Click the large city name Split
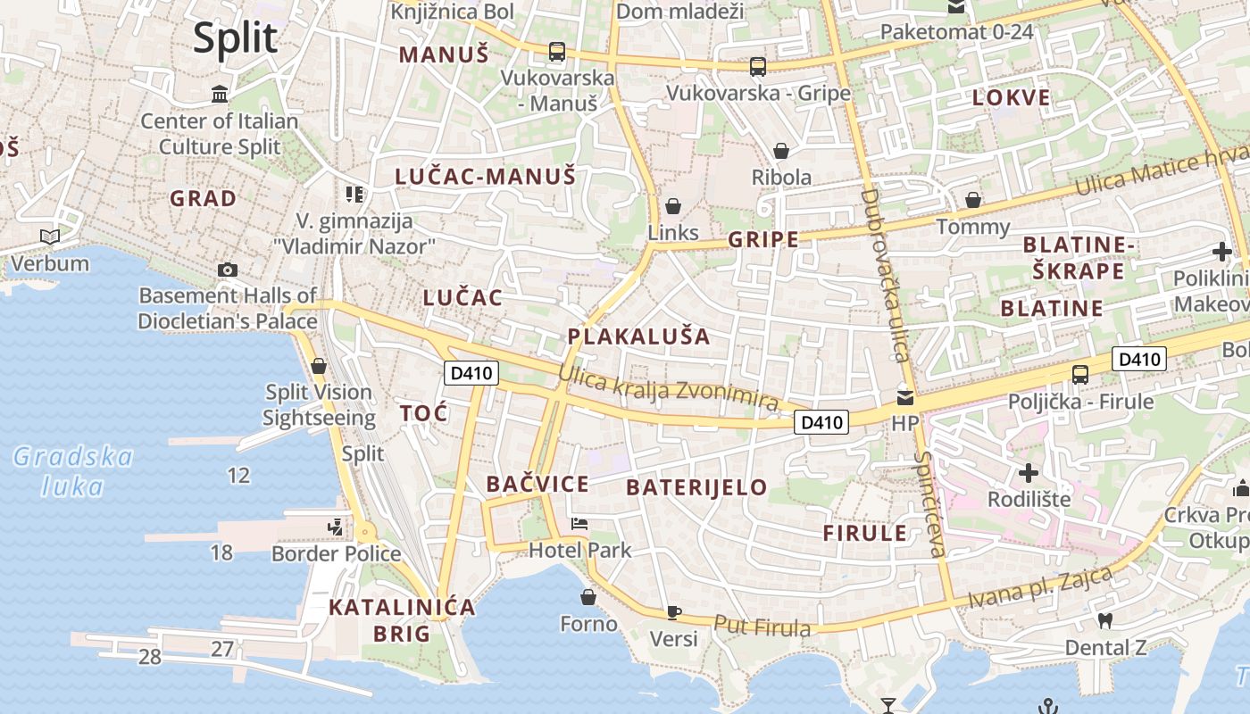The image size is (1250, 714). (x=236, y=38)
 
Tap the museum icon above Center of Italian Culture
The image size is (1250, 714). (x=220, y=95)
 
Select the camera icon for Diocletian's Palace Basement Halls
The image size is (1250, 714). (x=228, y=270)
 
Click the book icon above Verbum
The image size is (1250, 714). (x=50, y=237)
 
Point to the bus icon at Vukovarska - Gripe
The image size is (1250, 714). (x=758, y=66)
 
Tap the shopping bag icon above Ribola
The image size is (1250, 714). (x=781, y=151)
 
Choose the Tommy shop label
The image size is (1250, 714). (x=972, y=227)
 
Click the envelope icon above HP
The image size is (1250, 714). (x=905, y=398)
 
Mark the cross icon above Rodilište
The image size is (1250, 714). (x=1029, y=472)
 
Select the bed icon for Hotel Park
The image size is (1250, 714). (x=579, y=524)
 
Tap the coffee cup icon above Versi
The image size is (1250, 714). (x=674, y=612)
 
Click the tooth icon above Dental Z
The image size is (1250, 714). (x=1104, y=621)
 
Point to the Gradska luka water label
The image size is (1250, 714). (x=73, y=471)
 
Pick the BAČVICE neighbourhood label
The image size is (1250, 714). (x=537, y=485)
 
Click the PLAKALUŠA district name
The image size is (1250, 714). (x=639, y=336)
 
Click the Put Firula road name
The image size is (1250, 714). (x=762, y=626)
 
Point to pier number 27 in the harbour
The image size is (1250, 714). (x=221, y=649)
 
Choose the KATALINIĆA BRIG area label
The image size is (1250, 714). (x=402, y=620)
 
